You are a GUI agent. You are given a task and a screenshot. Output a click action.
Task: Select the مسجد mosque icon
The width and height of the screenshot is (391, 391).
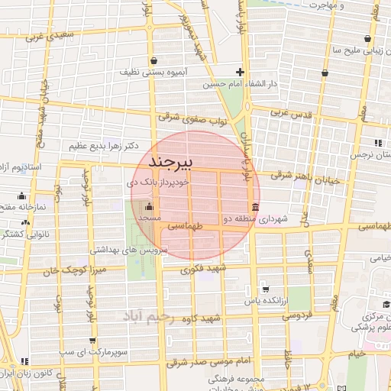tap(148, 206)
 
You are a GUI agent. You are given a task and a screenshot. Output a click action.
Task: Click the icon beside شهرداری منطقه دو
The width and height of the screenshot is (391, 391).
tap(254, 207)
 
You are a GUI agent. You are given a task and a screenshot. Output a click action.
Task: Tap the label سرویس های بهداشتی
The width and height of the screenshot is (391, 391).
tap(123, 249)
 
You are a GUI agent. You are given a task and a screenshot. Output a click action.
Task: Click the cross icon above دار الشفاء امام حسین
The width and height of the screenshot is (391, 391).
tap(240, 71)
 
